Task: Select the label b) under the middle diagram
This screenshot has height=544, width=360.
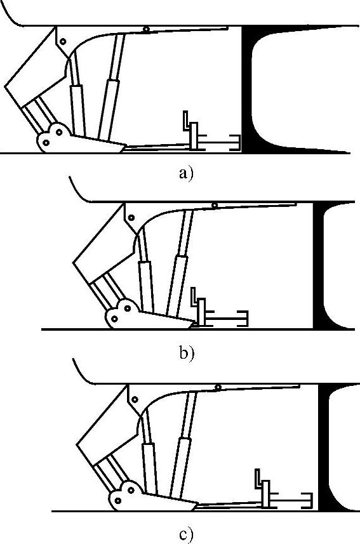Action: click(187, 353)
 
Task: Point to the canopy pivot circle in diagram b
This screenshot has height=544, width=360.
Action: click(215, 206)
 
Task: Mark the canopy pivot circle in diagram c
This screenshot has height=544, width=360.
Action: click(218, 387)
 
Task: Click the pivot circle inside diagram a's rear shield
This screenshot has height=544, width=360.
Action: click(63, 42)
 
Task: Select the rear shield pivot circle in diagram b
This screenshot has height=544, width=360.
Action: click(131, 218)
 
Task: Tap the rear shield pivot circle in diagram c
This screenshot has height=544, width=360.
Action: click(135, 400)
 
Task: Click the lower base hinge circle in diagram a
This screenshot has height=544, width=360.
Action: click(46, 142)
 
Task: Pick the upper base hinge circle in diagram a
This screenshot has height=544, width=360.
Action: click(59, 132)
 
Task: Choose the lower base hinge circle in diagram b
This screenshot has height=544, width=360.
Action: click(114, 319)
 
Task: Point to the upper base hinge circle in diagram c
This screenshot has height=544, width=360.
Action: click(131, 491)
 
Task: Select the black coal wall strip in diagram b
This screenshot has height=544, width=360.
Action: click(319, 265)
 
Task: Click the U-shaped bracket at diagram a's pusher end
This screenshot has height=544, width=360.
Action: click(236, 143)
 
